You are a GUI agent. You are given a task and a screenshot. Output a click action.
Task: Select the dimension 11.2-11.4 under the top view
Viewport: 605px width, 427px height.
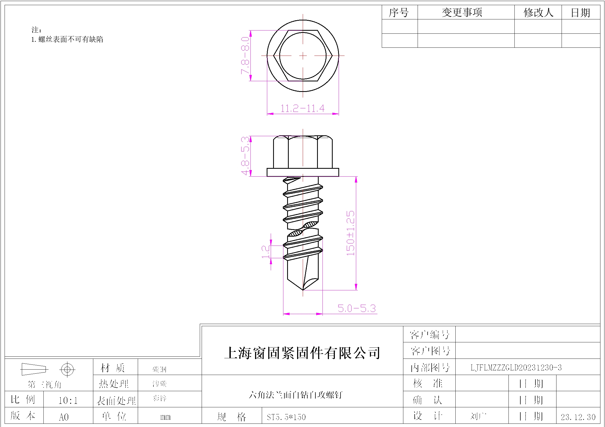[302, 109]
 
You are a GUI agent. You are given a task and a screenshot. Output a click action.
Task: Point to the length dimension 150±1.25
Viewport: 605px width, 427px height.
[350, 233]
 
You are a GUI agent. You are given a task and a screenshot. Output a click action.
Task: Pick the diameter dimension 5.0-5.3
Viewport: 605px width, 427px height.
[356, 308]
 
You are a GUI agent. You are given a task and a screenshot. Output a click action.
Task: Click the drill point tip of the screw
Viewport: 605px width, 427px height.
[303, 290]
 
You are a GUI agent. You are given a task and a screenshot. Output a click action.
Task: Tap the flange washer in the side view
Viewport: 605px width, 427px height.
[302, 172]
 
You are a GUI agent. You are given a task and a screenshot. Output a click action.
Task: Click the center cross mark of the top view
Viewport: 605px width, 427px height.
[303, 56]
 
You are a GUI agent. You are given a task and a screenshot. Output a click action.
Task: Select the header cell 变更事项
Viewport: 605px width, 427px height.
[462, 12]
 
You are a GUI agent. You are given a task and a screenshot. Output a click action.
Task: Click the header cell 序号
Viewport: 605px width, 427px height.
[398, 12]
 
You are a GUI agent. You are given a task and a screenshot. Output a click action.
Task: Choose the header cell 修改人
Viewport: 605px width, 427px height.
[538, 12]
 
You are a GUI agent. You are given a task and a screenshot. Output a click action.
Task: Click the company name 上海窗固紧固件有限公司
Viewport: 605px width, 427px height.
[302, 353]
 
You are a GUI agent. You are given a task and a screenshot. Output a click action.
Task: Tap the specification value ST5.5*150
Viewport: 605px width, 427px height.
[286, 417]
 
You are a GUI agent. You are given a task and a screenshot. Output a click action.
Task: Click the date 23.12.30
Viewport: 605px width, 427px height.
[578, 417]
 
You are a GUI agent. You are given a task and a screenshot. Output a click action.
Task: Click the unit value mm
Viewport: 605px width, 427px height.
[165, 417]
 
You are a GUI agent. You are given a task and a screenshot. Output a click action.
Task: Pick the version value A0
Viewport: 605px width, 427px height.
[64, 417]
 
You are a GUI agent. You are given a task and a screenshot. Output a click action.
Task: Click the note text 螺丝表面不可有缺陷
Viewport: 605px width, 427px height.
[71, 39]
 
